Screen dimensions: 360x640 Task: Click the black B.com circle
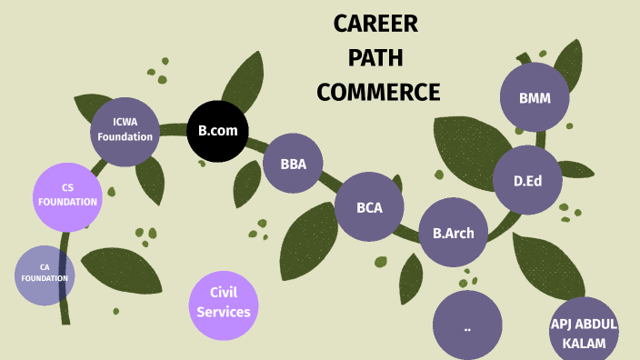[218, 131]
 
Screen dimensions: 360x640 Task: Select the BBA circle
[294, 165]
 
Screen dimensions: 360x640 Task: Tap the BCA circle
[369, 207]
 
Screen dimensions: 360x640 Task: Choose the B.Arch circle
[453, 233]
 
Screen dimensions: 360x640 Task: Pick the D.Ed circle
[527, 180]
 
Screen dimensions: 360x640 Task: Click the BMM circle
[535, 98]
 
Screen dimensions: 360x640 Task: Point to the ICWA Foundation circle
[125, 131]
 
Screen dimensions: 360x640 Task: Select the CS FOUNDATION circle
[67, 195]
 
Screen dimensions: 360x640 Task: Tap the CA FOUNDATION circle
[45, 274]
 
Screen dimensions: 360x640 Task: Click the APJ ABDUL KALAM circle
[584, 329]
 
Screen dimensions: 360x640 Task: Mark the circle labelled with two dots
[467, 325]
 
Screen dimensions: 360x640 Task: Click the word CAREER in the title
[375, 25]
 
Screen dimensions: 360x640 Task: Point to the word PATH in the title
[376, 58]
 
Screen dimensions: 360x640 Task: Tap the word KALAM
[584, 342]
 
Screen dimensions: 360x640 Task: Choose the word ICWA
[125, 122]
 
